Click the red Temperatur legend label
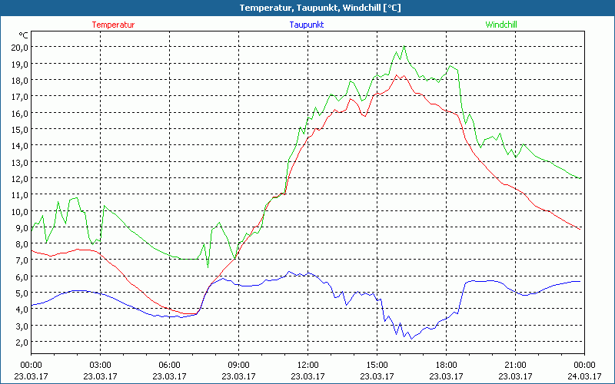point(113,25)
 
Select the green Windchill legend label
point(501,25)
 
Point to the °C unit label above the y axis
point(24,35)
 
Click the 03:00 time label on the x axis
point(100,364)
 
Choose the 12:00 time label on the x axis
point(307,364)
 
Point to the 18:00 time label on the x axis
point(446,364)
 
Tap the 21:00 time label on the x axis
point(515,364)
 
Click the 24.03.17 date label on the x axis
point(584,376)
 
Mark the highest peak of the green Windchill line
point(404,46)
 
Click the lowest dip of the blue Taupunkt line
point(411,339)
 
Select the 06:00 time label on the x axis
point(169,364)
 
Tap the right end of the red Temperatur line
point(580,228)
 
